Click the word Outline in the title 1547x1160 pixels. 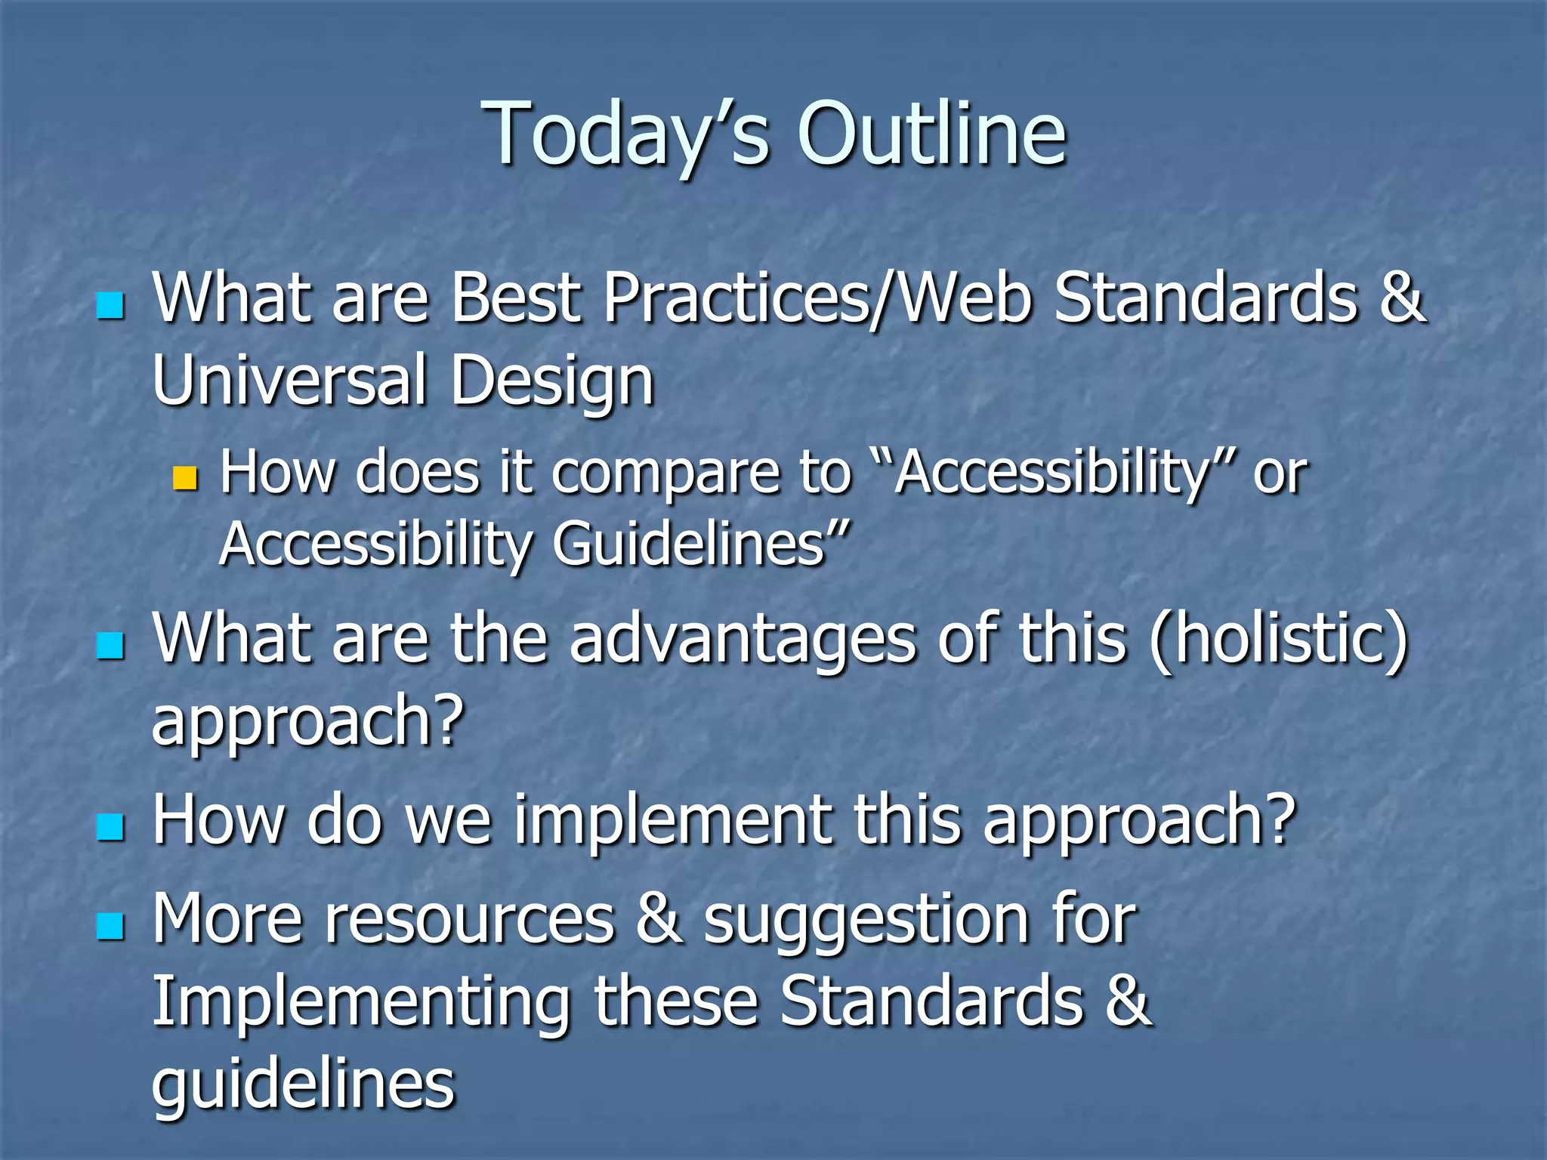point(931,134)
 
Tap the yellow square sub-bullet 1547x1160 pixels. point(184,477)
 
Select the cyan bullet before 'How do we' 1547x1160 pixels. point(110,827)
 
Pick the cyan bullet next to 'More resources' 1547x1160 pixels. point(110,926)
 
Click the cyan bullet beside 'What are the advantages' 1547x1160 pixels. point(110,646)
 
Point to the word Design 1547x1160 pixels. point(551,381)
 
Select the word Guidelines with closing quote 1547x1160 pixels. point(701,544)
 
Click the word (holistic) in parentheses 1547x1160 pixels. point(1278,640)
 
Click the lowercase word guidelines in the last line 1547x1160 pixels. point(303,1084)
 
